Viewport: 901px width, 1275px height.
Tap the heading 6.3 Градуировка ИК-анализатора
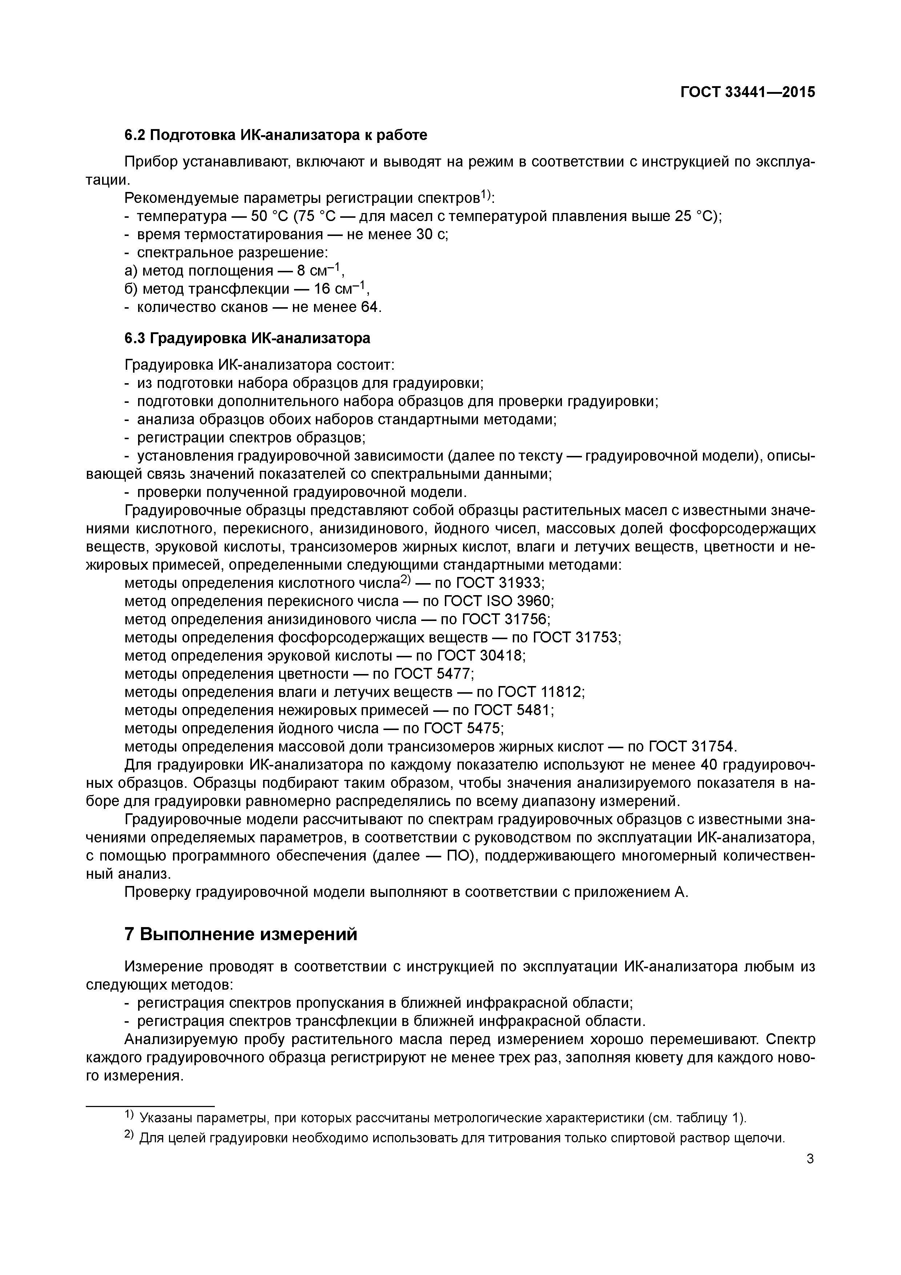pyautogui.click(x=247, y=338)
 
